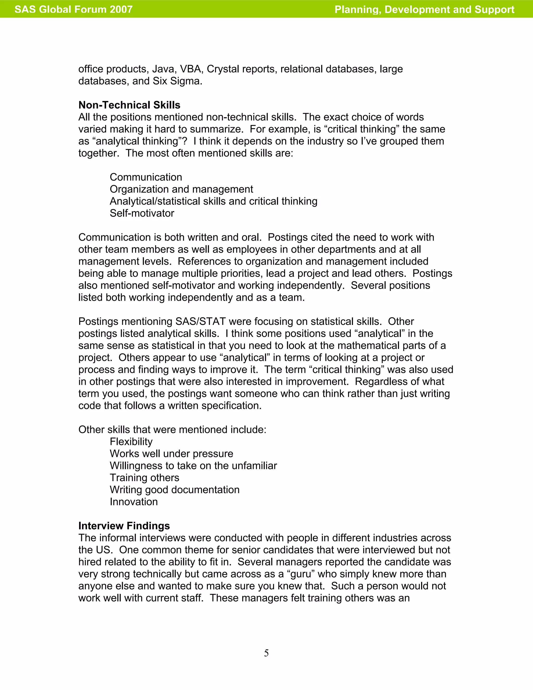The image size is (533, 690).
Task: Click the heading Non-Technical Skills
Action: coord(129,105)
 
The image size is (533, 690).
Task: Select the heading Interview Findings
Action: coord(124,525)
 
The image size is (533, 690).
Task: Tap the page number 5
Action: coord(266,653)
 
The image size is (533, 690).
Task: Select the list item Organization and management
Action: coord(181,189)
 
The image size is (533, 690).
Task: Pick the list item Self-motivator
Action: coord(142,213)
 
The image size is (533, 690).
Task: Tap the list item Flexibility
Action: coord(131,441)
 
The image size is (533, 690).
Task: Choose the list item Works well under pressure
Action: coord(171,453)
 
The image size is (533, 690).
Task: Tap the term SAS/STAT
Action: coord(200,321)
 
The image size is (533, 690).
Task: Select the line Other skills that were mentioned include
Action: coord(172,429)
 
